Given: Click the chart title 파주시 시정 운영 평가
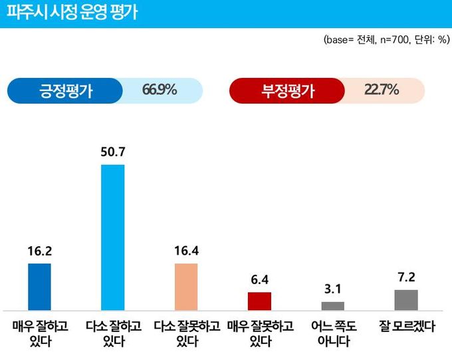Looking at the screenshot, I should [72, 13].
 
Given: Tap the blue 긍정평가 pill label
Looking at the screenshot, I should [65, 91].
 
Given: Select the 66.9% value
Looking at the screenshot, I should [160, 90].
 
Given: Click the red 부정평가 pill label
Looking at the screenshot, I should [287, 91].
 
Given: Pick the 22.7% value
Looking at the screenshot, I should [382, 90].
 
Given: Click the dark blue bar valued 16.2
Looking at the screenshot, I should [39, 287].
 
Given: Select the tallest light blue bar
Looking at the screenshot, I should [112, 237].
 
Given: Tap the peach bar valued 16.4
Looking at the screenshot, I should [186, 287].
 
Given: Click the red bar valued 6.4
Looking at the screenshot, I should [260, 301].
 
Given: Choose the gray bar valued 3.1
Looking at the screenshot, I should [333, 306].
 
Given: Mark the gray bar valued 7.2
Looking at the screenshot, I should [406, 300].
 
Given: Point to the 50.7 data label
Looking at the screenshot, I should [112, 152].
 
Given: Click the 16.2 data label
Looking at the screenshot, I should [39, 252].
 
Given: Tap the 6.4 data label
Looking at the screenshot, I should [260, 280].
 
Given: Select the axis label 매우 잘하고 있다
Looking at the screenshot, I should [39, 335].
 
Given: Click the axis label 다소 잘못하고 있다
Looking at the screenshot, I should [186, 335].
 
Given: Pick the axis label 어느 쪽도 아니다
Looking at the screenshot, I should [333, 335].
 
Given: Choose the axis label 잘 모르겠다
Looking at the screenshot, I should [406, 327].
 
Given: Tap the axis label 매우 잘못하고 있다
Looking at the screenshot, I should [260, 335].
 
